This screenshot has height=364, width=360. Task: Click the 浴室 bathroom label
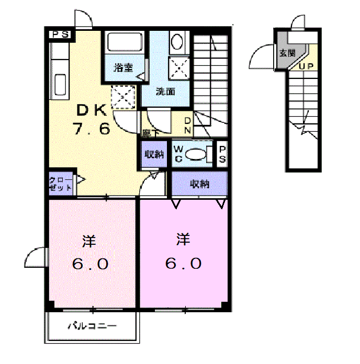point(123,67)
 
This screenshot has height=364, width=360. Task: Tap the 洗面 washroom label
point(165,92)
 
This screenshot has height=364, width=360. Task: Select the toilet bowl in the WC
point(196,154)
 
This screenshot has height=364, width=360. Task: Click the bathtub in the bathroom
point(125,42)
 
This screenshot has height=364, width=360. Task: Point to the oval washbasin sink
point(177,42)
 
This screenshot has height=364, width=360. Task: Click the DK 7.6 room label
point(92,120)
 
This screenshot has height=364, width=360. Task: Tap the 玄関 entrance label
point(287,53)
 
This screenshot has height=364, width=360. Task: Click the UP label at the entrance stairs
point(306,66)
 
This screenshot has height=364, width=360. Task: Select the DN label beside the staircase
point(188,126)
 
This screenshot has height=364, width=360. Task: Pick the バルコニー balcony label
point(92,326)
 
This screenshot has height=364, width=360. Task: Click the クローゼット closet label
point(60,184)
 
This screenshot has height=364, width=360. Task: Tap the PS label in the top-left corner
point(60,35)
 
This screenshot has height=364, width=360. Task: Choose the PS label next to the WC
point(222,154)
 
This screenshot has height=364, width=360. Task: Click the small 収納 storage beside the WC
point(154,154)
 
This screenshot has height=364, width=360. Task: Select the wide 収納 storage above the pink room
point(199,184)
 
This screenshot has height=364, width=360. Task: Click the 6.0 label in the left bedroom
point(90,264)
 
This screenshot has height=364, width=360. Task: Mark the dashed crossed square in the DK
point(123,97)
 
